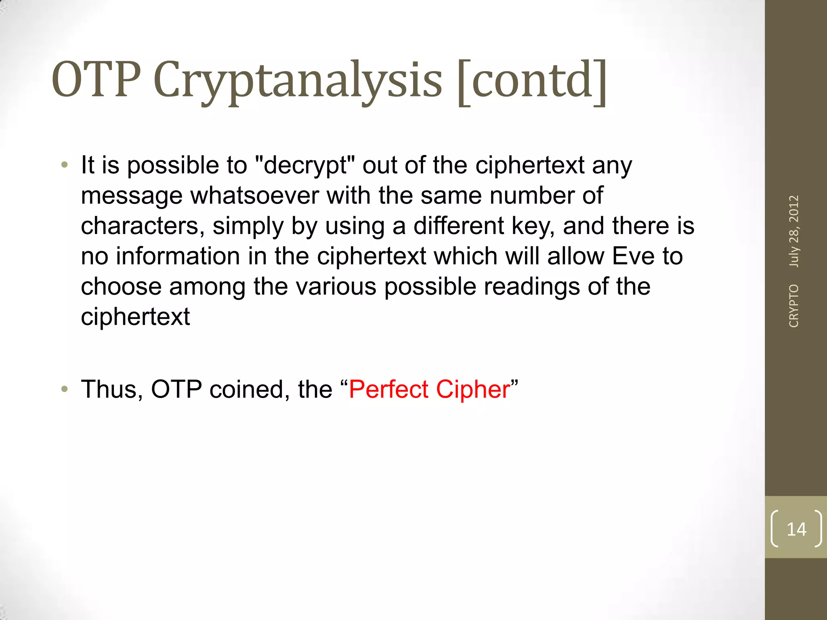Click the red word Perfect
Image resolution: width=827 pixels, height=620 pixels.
point(388,390)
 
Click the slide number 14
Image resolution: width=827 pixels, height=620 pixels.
point(796,529)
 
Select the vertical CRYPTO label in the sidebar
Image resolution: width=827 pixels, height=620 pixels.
point(794,306)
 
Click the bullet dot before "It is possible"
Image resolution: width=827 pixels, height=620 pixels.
point(65,165)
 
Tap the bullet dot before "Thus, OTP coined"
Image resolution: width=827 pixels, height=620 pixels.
point(65,390)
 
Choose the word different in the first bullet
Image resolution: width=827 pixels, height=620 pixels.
point(458,226)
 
